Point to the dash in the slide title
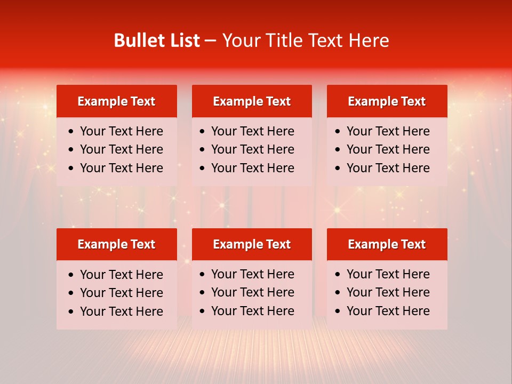(x=211, y=41)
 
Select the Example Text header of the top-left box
(x=116, y=101)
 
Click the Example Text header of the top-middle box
(x=252, y=101)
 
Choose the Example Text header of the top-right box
(x=387, y=101)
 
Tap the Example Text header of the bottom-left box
(x=116, y=244)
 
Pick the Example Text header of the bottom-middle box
(x=252, y=244)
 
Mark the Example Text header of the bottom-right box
(x=387, y=244)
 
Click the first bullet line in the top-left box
(x=122, y=131)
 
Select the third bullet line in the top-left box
(x=122, y=168)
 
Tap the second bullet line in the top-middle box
(x=253, y=149)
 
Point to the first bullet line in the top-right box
(x=388, y=131)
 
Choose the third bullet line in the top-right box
(x=388, y=168)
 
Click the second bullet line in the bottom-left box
(x=122, y=293)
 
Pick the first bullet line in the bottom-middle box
(x=253, y=274)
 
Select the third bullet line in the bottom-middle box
(x=253, y=311)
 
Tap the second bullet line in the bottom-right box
(x=388, y=292)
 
